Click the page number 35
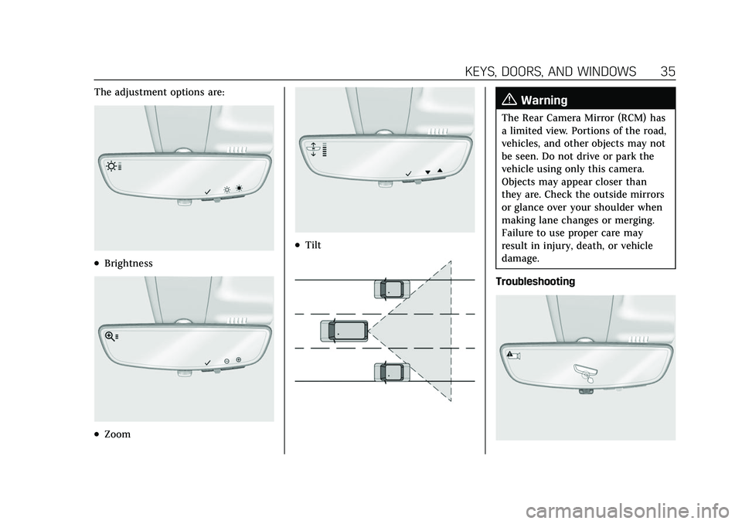(669, 71)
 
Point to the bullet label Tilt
(312, 245)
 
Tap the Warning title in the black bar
(544, 100)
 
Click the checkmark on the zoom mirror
(207, 361)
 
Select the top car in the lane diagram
(391, 289)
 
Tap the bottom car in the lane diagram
(391, 373)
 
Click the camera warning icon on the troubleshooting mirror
(513, 355)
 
